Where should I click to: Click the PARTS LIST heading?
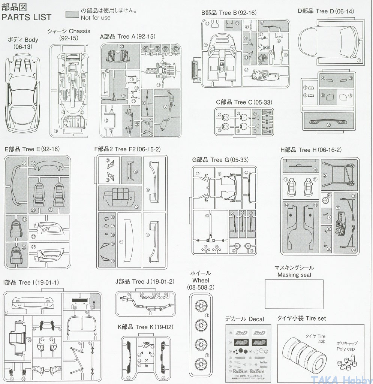pos(27,17)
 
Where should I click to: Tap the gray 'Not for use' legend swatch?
pos(72,14)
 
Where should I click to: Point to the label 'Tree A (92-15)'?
pos(127,36)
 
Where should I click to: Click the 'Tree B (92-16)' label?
pos(229,13)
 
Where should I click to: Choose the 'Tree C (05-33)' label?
pos(244,102)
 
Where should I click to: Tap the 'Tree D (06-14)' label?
pos(326,11)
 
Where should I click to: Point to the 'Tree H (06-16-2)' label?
pos(311,150)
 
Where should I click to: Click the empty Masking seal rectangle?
pos(294,294)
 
